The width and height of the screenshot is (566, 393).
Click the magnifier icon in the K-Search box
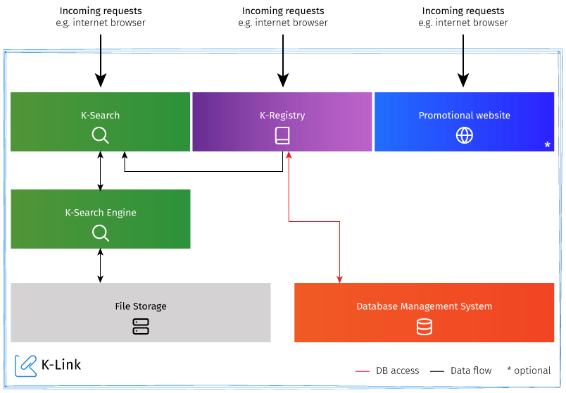click(101, 135)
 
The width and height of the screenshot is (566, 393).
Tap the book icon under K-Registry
click(282, 135)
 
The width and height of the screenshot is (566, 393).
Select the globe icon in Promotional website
click(465, 135)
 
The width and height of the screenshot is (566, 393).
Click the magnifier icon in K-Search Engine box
click(101, 232)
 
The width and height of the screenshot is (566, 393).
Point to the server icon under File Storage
click(141, 326)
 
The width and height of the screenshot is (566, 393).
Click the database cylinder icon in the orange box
click(424, 326)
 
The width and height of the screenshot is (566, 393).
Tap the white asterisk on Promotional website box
click(547, 145)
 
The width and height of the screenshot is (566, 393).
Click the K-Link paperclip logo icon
click(26, 365)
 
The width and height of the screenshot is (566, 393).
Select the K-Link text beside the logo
click(62, 365)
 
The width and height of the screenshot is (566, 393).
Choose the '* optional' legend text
click(529, 370)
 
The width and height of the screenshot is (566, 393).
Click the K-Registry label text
click(282, 116)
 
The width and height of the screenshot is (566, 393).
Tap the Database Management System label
click(424, 306)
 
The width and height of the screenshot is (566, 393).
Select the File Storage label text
click(141, 306)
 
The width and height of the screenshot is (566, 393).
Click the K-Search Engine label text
click(101, 213)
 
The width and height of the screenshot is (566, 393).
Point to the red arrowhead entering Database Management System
click(340, 279)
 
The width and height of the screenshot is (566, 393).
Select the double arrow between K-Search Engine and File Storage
click(101, 266)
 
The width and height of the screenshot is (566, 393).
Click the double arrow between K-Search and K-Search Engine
click(101, 170)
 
